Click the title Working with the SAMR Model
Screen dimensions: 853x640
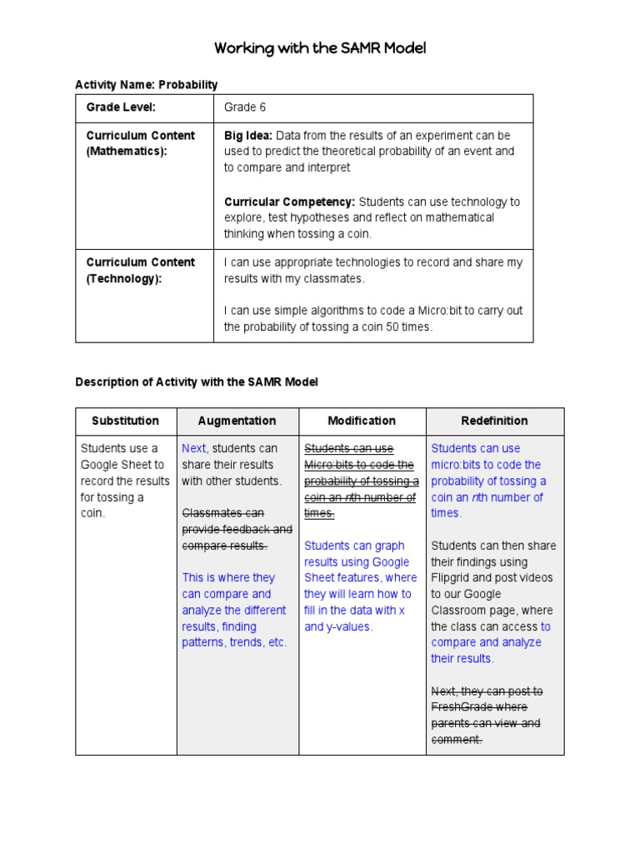(x=320, y=48)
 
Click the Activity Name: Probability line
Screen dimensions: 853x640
(x=147, y=84)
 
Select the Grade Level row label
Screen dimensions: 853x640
(x=121, y=107)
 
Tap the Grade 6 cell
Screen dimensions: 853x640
(x=245, y=107)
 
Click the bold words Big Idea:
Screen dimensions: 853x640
(x=248, y=135)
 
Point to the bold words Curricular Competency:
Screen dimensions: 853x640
(x=289, y=202)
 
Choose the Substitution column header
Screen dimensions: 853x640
(x=125, y=421)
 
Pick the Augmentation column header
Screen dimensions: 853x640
(x=237, y=421)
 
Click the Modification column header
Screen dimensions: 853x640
(x=362, y=421)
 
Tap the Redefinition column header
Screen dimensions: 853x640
(x=494, y=421)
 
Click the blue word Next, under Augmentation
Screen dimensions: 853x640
(x=195, y=449)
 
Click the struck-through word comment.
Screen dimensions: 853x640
(x=456, y=740)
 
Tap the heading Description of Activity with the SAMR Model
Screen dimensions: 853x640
(x=197, y=382)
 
